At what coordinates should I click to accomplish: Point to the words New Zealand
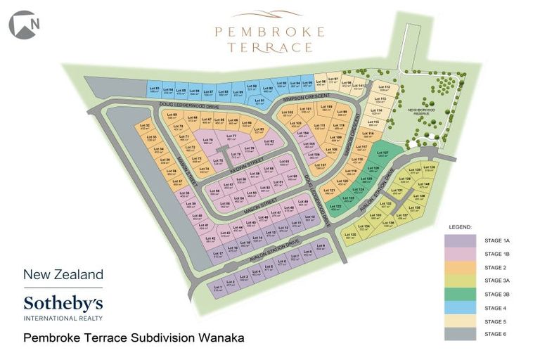coord(63,274)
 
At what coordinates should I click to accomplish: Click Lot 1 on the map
coord(218,286)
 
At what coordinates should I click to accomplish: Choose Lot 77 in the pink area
coord(231,136)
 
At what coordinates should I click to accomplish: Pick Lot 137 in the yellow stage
coord(404,217)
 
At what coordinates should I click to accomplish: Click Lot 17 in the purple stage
coord(218,255)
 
